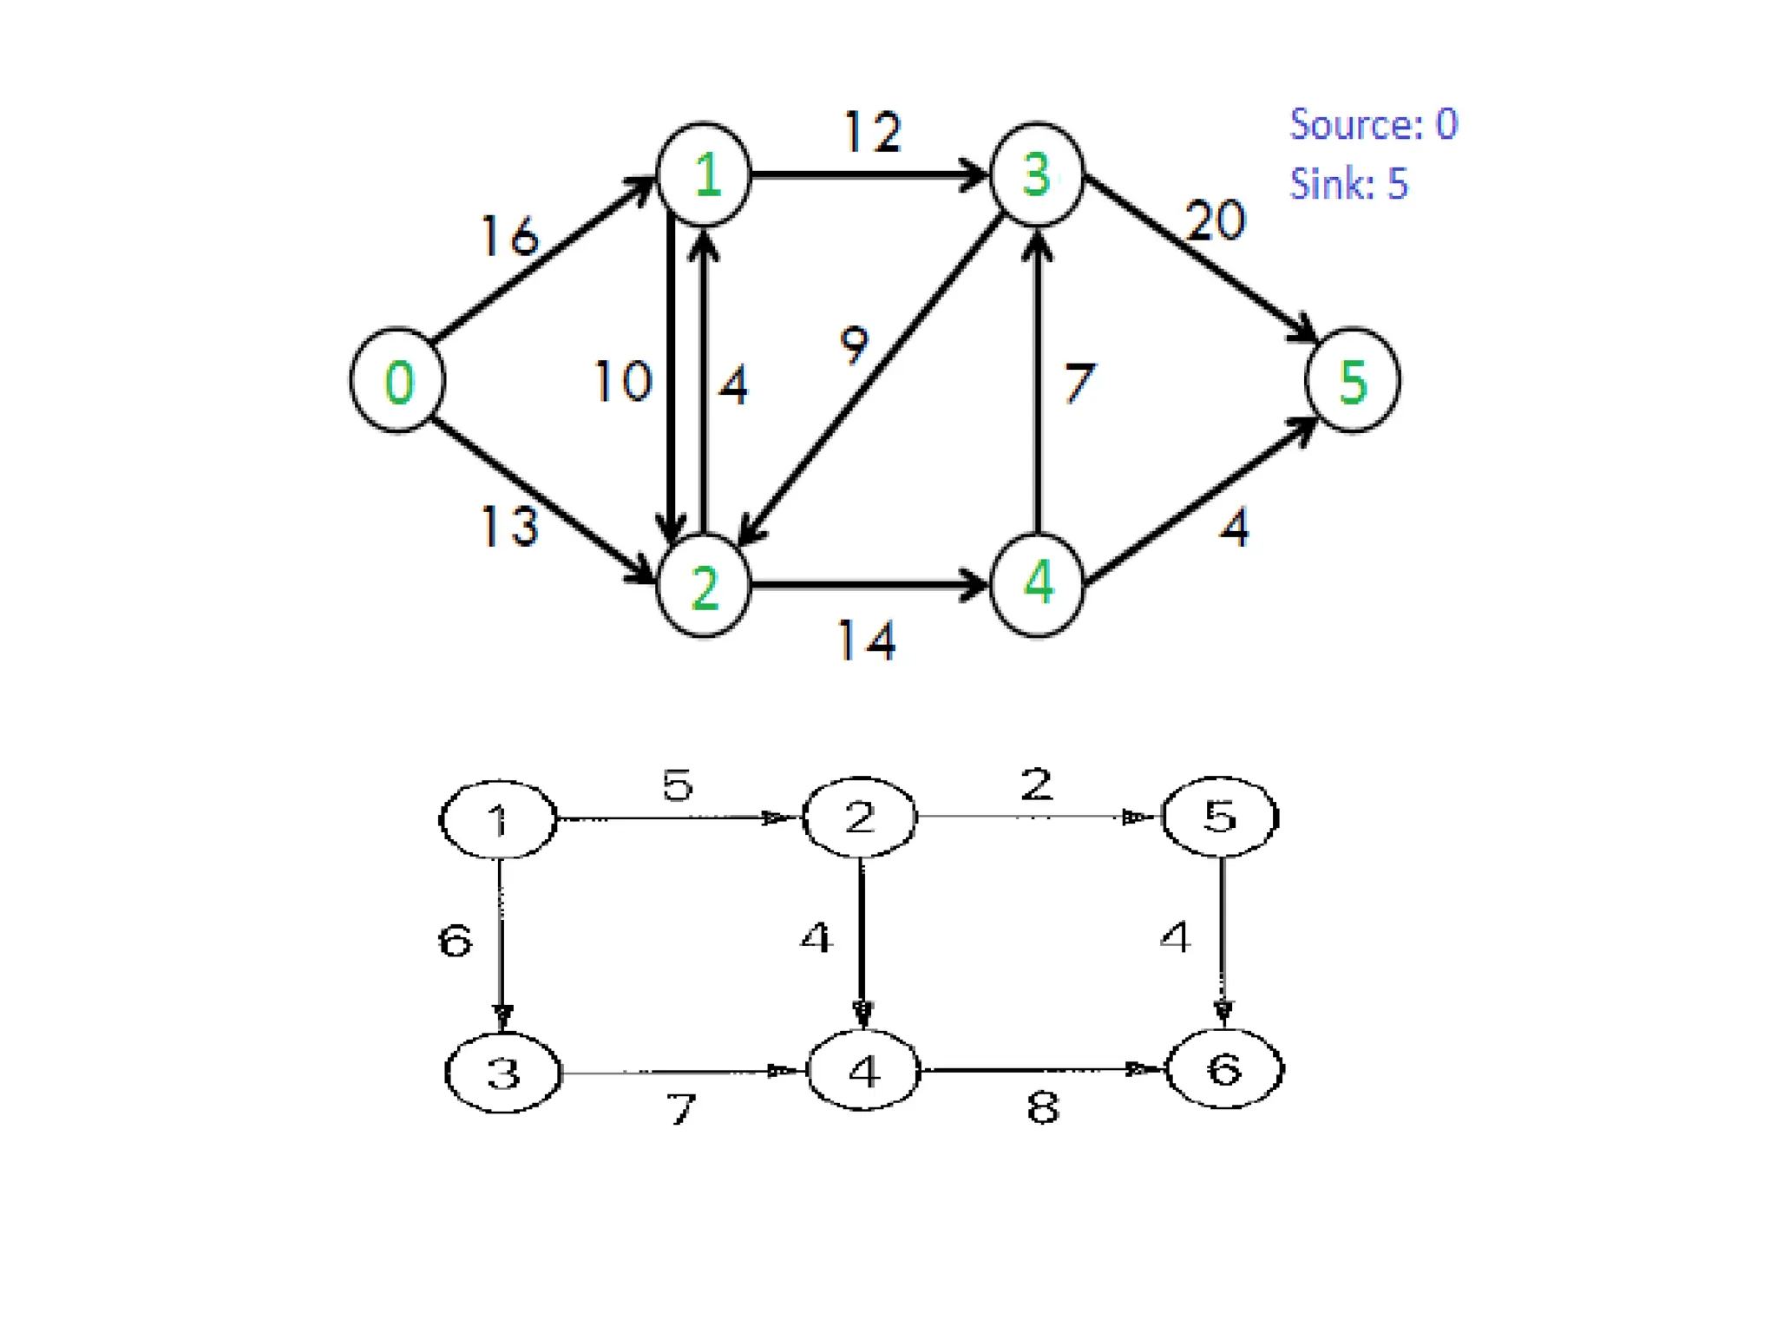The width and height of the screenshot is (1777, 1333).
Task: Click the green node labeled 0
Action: [397, 380]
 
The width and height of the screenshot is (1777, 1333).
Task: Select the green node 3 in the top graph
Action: [1037, 174]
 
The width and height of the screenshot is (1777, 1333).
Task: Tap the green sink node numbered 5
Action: [1353, 380]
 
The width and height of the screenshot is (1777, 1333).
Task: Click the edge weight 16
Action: [510, 236]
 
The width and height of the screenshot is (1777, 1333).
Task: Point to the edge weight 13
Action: [510, 526]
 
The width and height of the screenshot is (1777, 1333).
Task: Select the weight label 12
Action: [873, 133]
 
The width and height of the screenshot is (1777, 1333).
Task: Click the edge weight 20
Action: [1216, 220]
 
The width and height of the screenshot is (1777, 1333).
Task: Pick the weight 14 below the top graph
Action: [866, 641]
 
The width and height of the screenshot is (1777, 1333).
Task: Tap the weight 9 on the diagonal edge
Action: [854, 345]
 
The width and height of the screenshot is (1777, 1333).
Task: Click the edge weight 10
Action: [622, 381]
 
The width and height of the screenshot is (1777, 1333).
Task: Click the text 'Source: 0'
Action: [1374, 124]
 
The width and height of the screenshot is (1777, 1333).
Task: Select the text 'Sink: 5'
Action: [1348, 184]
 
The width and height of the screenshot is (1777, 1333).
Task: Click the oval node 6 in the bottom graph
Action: [1224, 1069]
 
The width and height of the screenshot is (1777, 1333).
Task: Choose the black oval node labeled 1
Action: [498, 819]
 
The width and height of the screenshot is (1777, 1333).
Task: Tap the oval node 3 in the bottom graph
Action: [503, 1073]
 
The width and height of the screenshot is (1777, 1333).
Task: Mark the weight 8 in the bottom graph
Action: [1043, 1108]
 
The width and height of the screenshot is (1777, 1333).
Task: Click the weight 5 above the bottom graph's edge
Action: [678, 785]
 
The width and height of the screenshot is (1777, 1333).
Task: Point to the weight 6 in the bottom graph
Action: [456, 941]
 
